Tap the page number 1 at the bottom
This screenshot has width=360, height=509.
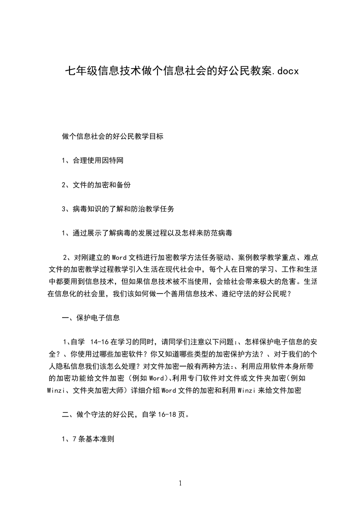pos(180,483)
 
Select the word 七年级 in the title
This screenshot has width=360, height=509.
pos(78,71)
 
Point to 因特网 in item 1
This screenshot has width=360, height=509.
pos(112,161)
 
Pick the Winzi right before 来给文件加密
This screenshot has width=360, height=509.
pos(246,390)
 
